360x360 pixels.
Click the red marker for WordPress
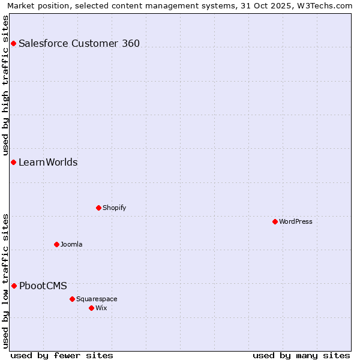coord(275,221)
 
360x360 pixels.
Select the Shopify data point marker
coord(98,208)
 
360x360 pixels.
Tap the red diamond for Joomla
coord(56,244)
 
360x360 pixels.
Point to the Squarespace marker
coord(72,299)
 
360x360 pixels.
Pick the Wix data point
coord(91,308)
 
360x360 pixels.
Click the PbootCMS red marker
coord(14,286)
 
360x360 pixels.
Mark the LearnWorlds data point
coord(13,162)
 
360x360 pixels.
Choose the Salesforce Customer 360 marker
coord(13,43)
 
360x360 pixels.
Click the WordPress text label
coord(296,221)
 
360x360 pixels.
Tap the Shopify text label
coord(114,208)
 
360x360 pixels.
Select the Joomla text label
coord(71,244)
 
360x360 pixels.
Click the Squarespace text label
coord(97,299)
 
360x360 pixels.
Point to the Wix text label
coord(101,308)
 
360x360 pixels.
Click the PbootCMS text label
coord(43,286)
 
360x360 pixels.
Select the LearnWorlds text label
coord(48,162)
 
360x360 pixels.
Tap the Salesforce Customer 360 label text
coord(79,43)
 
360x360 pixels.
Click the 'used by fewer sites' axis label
coord(62,355)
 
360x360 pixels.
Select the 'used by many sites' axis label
coord(301,355)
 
